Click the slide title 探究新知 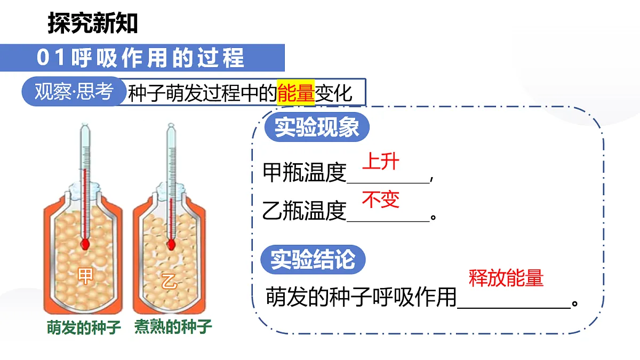[x=93, y=23]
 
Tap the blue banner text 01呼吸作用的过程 [x=140, y=58]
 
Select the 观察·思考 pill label [x=74, y=91]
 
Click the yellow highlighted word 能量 [x=295, y=93]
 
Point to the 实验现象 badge [x=317, y=127]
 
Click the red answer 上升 [x=381, y=162]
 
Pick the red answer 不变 [x=381, y=199]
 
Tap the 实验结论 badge [x=313, y=259]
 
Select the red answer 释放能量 [x=506, y=278]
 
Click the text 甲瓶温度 [x=305, y=173]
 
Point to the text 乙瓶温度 [x=305, y=211]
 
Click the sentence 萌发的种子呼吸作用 [x=361, y=297]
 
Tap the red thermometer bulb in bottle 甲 [x=85, y=244]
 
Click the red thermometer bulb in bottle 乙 [x=171, y=245]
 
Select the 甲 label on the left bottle [x=85, y=276]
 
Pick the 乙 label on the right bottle [x=169, y=282]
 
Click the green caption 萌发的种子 [x=84, y=327]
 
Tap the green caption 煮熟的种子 [x=173, y=327]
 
